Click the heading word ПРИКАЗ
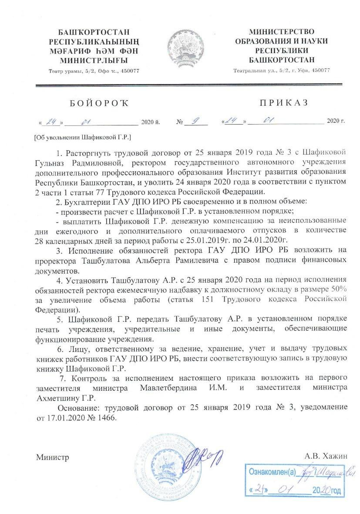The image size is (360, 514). pos(283,103)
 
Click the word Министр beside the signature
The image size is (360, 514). pos(52,457)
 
